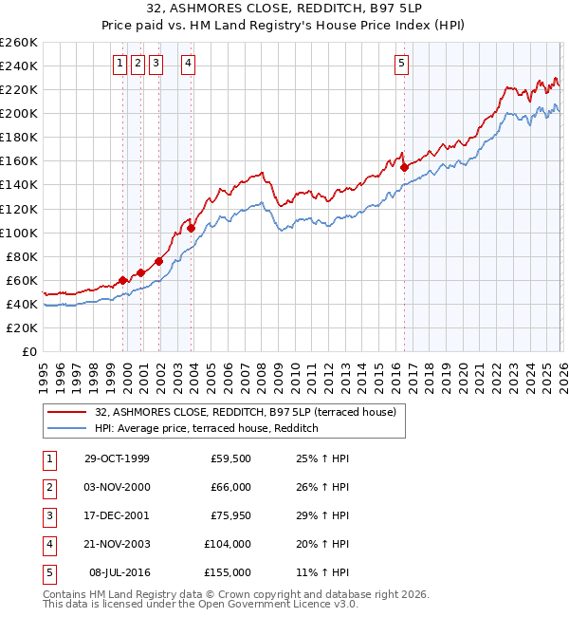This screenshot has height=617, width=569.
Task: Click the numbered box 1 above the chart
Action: tap(120, 64)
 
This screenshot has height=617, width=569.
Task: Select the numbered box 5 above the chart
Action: tap(402, 64)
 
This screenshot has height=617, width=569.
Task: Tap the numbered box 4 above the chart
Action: tap(189, 64)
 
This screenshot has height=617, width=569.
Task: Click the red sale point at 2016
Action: tap(405, 167)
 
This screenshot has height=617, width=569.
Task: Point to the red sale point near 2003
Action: tap(192, 228)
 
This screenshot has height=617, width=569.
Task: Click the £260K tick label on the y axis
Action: tap(18, 43)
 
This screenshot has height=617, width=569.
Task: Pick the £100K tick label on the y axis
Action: tap(18, 233)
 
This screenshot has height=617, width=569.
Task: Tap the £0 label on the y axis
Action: tap(28, 351)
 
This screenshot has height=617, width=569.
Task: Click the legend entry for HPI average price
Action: tap(206, 429)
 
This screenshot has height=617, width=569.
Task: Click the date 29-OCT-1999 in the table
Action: tap(117, 458)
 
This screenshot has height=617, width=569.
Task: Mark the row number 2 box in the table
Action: tap(48, 487)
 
